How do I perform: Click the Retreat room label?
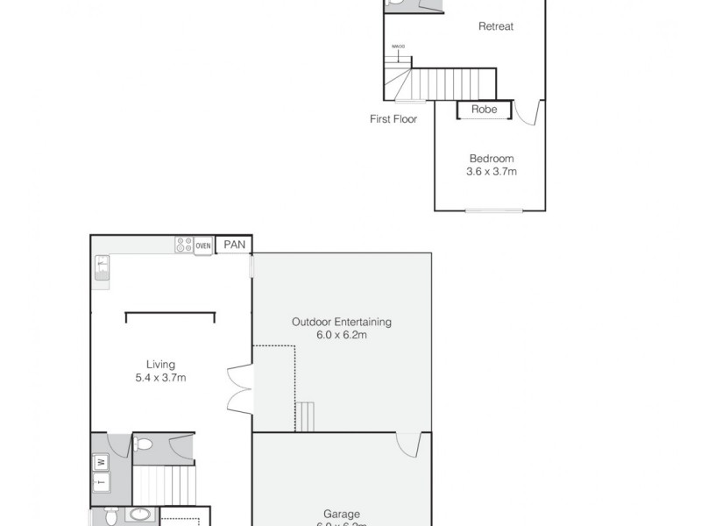(495, 26)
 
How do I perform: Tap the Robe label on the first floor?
(485, 110)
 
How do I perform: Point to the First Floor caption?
(393, 119)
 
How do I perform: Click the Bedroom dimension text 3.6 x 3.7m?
(491, 172)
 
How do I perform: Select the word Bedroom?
(491, 159)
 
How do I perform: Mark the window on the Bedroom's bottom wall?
(492, 210)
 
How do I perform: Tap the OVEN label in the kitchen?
(203, 246)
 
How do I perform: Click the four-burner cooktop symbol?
(184, 246)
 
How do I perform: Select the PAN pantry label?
(234, 245)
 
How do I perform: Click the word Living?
(160, 365)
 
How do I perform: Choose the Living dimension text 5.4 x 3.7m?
(160, 378)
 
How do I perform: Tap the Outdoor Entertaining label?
(342, 322)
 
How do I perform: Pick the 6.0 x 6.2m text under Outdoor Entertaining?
(342, 335)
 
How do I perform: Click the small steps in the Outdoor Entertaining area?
(305, 416)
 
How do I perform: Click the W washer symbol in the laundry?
(102, 461)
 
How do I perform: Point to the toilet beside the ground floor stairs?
(145, 444)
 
